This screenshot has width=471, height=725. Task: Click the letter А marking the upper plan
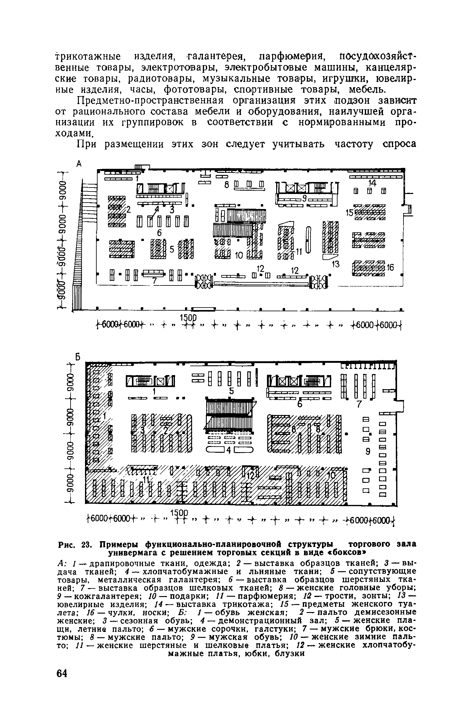point(79,164)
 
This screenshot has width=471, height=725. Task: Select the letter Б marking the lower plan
point(79,357)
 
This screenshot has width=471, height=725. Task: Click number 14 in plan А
point(372,183)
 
